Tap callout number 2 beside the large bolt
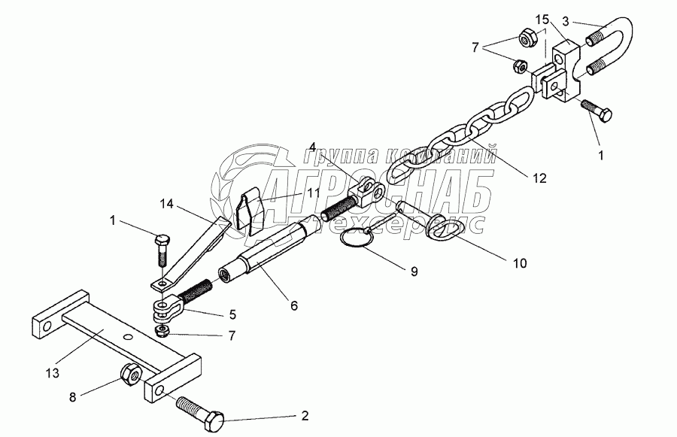pyautogui.click(x=305, y=414)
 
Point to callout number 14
pyautogui.click(x=167, y=202)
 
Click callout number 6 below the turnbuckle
pyautogui.click(x=294, y=305)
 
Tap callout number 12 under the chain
pyautogui.click(x=536, y=178)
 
